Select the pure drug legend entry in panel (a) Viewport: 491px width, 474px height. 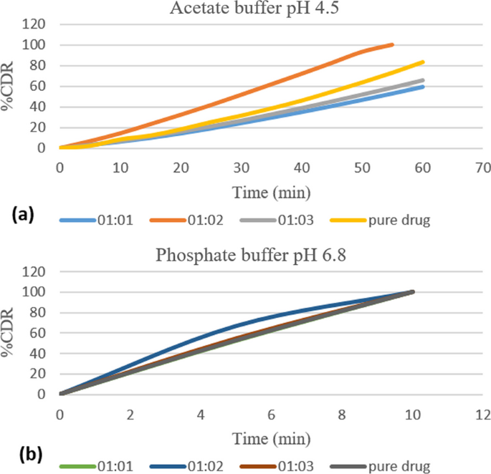(x=398, y=221)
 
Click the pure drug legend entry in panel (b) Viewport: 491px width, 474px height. (x=398, y=467)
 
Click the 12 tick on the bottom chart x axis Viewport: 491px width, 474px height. (x=483, y=413)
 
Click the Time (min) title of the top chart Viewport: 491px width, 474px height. (x=271, y=192)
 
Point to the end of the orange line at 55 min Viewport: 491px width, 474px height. (x=393, y=44)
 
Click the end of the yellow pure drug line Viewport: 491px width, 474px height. (x=423, y=62)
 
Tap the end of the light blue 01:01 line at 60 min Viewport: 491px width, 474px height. (x=423, y=87)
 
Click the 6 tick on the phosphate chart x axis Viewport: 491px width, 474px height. (x=272, y=413)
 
